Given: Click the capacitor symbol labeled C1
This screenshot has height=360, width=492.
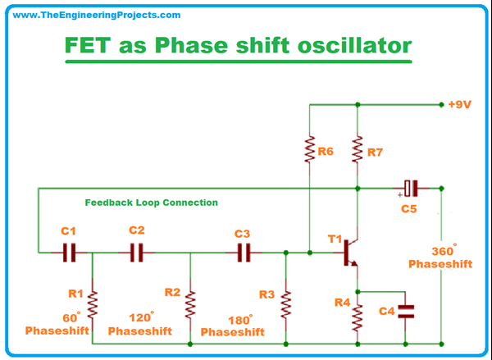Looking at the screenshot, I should [x=69, y=253].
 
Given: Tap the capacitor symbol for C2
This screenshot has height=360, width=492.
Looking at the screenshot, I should [x=137, y=253].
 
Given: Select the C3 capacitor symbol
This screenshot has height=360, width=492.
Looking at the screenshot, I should [x=243, y=253].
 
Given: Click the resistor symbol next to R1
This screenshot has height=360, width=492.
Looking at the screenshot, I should [x=93, y=304].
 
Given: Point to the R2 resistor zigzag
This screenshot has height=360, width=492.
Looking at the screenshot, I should [x=190, y=304].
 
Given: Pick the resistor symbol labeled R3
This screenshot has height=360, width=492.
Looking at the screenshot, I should [x=285, y=304].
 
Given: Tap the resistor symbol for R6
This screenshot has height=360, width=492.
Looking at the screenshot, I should [x=309, y=151].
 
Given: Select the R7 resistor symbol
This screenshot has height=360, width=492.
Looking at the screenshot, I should [x=358, y=151].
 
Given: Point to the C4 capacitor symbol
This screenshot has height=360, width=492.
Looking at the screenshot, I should [x=406, y=312].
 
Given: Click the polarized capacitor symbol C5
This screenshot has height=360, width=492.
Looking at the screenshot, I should [x=411, y=188].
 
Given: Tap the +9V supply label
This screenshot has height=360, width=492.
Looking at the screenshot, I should [x=461, y=105].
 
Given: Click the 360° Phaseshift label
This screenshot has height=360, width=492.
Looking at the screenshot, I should [x=440, y=258].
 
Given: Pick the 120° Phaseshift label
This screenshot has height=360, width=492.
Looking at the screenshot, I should [x=140, y=324].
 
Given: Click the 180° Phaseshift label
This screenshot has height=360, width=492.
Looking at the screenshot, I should [x=233, y=326].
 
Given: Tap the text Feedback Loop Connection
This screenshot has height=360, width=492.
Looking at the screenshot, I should [x=152, y=203].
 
